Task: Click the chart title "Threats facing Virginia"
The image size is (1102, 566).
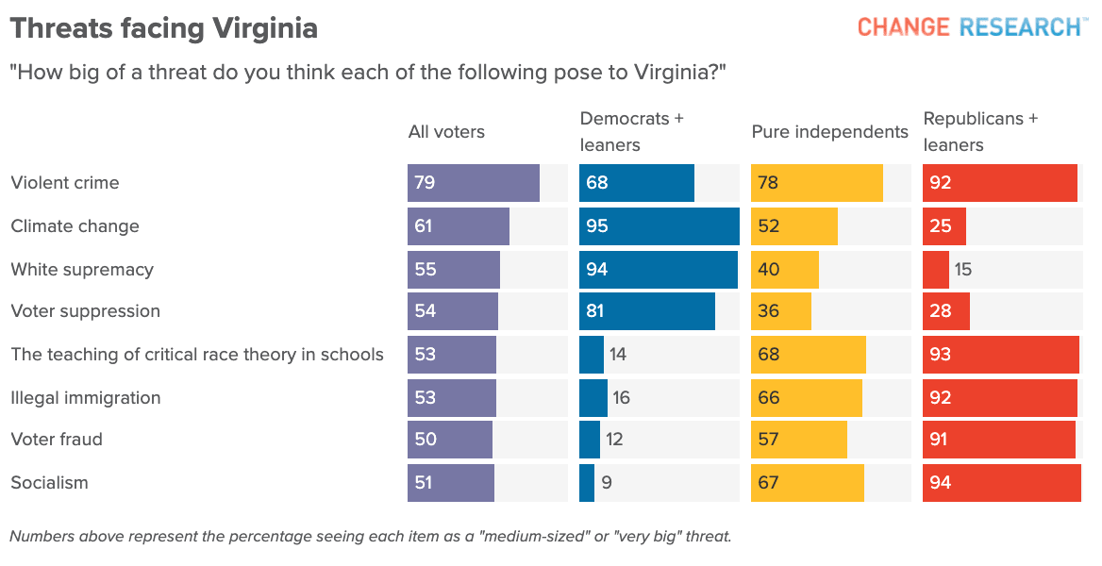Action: pos(163,28)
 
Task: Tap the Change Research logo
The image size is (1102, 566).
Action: pos(969,26)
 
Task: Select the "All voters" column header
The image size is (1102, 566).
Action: pos(446,132)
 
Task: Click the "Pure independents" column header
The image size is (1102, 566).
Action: pos(829,132)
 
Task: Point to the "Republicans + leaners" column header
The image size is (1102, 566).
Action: pos(980,132)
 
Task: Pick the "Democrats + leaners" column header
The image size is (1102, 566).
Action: pos(631,132)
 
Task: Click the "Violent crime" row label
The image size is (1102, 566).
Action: pos(65,183)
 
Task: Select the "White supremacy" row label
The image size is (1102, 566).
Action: pos(82,270)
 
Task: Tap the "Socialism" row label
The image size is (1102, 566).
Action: pos(49,483)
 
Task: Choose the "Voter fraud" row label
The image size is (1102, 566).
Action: pos(57,440)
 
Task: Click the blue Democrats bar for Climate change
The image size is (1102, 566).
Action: pos(660,226)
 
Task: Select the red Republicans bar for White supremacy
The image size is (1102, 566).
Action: pos(936,270)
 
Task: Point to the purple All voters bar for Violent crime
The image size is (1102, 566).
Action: pos(474,183)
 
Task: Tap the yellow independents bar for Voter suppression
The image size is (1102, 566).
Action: pos(781,311)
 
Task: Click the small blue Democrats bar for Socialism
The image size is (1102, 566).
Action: pos(587,483)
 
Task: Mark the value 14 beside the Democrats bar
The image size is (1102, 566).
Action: pos(618,355)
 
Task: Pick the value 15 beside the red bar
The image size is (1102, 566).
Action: pos(962,270)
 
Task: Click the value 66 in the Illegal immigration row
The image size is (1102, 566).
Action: pos(769,398)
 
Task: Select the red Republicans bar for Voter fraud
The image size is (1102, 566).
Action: pos(999,440)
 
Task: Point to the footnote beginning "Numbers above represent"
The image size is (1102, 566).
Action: pos(370,537)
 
